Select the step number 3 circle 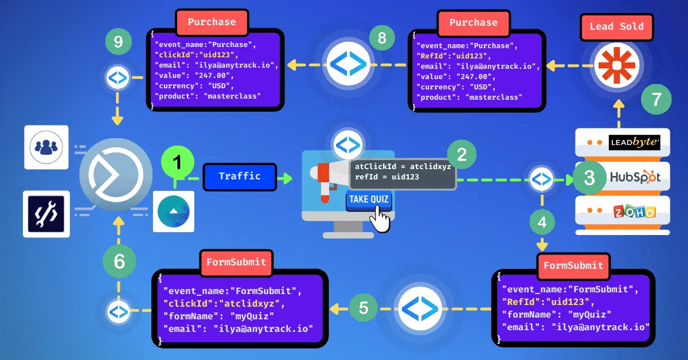click(x=589, y=178)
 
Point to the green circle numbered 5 click(x=363, y=308)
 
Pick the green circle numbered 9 click(x=119, y=42)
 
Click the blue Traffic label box click(x=240, y=176)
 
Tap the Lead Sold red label click(x=616, y=26)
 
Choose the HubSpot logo click(x=634, y=177)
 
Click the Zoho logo click(x=634, y=213)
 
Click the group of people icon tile click(x=46, y=147)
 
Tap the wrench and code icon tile click(x=46, y=214)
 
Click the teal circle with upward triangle click(x=173, y=210)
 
